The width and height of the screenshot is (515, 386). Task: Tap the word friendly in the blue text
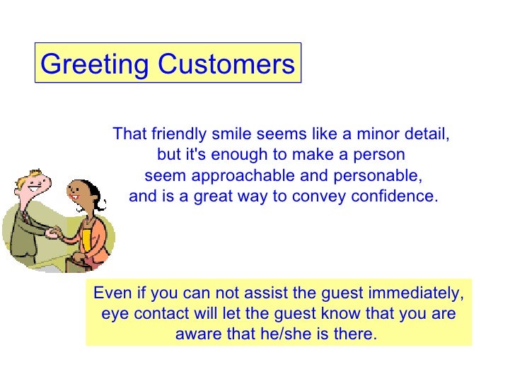(x=178, y=134)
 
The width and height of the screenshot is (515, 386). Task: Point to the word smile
(x=231, y=134)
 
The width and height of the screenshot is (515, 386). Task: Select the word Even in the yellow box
(x=110, y=293)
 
